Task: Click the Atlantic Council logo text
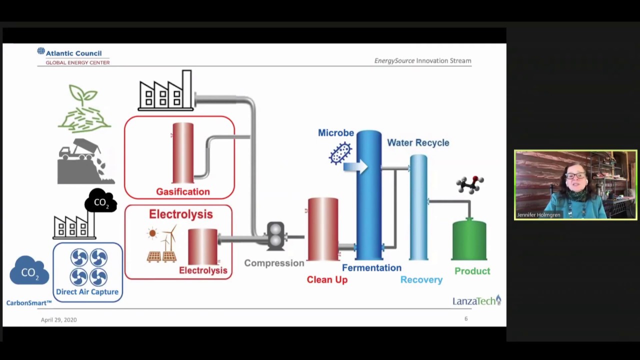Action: (x=73, y=53)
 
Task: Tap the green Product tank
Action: (x=469, y=241)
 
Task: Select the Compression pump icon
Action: (x=275, y=236)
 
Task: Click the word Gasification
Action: (x=182, y=191)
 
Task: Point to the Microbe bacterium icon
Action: (x=340, y=153)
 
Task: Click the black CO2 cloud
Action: (x=100, y=201)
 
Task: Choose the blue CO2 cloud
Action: (x=29, y=271)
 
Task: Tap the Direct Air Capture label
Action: (x=87, y=292)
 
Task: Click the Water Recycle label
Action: (x=418, y=142)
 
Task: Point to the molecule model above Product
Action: (x=469, y=184)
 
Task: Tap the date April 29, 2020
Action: (x=58, y=320)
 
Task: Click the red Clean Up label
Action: (x=327, y=279)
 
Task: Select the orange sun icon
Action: (x=152, y=233)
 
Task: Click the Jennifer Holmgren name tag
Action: (x=538, y=215)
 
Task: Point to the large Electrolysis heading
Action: (x=180, y=214)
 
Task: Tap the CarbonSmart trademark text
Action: (x=29, y=303)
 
